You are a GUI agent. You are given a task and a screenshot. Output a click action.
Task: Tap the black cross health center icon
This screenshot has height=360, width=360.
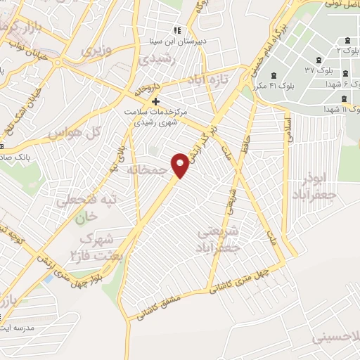(155, 102)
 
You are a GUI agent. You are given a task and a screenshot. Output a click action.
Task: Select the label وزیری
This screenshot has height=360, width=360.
(97, 51)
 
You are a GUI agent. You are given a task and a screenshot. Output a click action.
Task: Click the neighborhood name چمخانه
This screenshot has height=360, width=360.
(149, 170)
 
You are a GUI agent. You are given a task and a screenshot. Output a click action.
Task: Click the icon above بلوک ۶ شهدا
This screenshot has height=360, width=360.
(345, 75)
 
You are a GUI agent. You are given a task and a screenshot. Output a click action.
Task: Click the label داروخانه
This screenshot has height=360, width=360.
(148, 90)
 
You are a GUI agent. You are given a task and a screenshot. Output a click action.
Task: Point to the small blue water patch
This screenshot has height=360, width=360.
(48, 278)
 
